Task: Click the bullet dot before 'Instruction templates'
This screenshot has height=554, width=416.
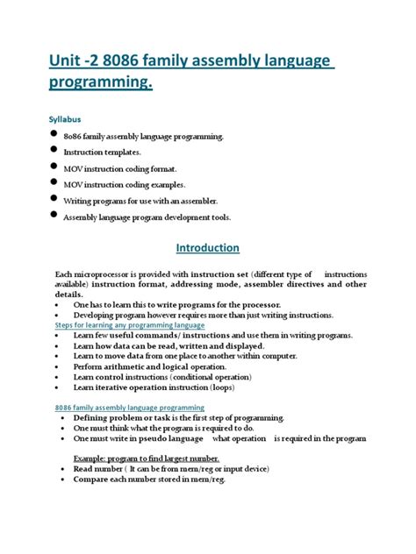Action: (x=55, y=150)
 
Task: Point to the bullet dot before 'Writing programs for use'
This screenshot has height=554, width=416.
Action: (x=55, y=198)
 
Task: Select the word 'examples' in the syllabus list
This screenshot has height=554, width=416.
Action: (x=190, y=185)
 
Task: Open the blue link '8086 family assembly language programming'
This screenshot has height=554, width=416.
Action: (x=128, y=408)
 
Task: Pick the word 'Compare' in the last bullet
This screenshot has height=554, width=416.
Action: (x=90, y=480)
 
